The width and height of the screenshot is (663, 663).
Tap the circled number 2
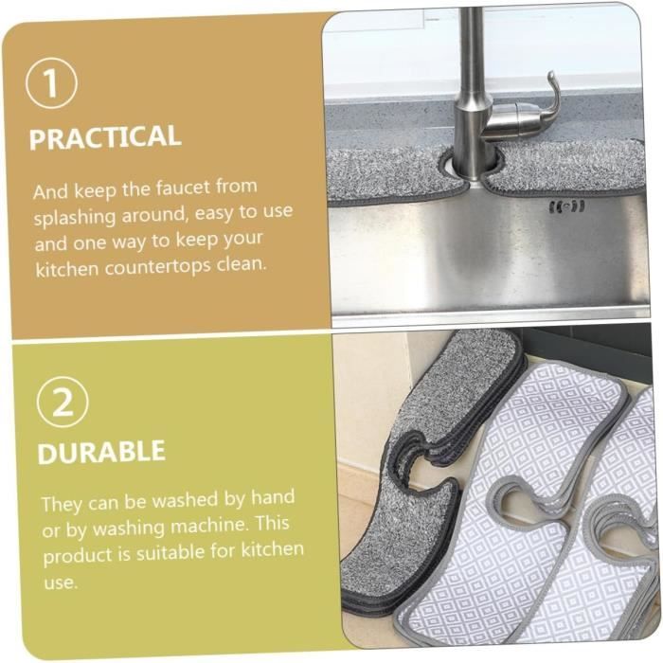pyautogui.click(x=63, y=403)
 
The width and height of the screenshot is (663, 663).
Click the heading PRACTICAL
pyautogui.click(x=104, y=137)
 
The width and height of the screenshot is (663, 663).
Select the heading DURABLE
pyautogui.click(x=101, y=452)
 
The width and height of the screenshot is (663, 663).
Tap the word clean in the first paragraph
pyautogui.click(x=241, y=260)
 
